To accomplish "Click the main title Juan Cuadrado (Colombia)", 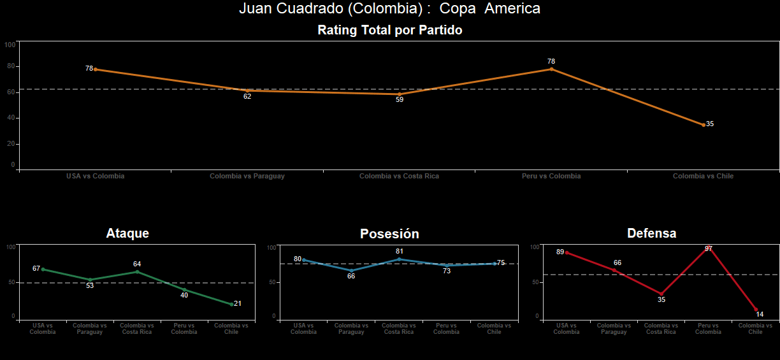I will (389, 9).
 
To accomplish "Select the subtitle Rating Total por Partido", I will (389, 30).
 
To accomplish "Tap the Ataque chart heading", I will (127, 233).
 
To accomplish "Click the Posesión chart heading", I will (389, 234).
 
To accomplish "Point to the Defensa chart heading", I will (651, 233).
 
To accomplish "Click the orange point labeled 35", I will (704, 125).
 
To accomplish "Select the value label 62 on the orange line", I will (247, 97).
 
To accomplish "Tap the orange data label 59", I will (399, 100).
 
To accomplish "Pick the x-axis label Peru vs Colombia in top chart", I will (551, 176).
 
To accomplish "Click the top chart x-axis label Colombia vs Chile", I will (703, 176).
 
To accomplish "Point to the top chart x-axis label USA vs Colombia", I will (95, 176).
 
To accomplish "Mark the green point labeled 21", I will (231, 304).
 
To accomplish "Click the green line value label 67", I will (36, 268).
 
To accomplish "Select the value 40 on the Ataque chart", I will (184, 295).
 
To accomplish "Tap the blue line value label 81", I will (400, 251).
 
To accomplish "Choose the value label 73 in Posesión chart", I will (447, 271).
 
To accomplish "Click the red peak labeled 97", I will (708, 249).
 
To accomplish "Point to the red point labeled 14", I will (756, 310).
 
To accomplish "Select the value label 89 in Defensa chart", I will (560, 252).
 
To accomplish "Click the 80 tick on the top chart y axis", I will (11, 66).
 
